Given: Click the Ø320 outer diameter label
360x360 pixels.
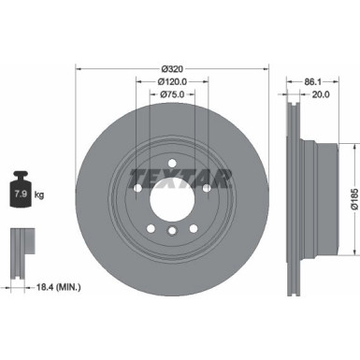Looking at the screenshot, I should [x=171, y=68].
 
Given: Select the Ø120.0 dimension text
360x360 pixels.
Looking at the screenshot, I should [x=171, y=81].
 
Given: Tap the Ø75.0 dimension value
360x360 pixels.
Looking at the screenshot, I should [x=171, y=94].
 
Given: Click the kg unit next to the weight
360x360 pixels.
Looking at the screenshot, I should [x=39, y=195].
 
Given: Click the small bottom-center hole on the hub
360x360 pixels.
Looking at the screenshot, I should [x=171, y=235].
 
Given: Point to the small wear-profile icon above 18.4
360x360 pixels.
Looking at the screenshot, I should [x=20, y=245].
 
